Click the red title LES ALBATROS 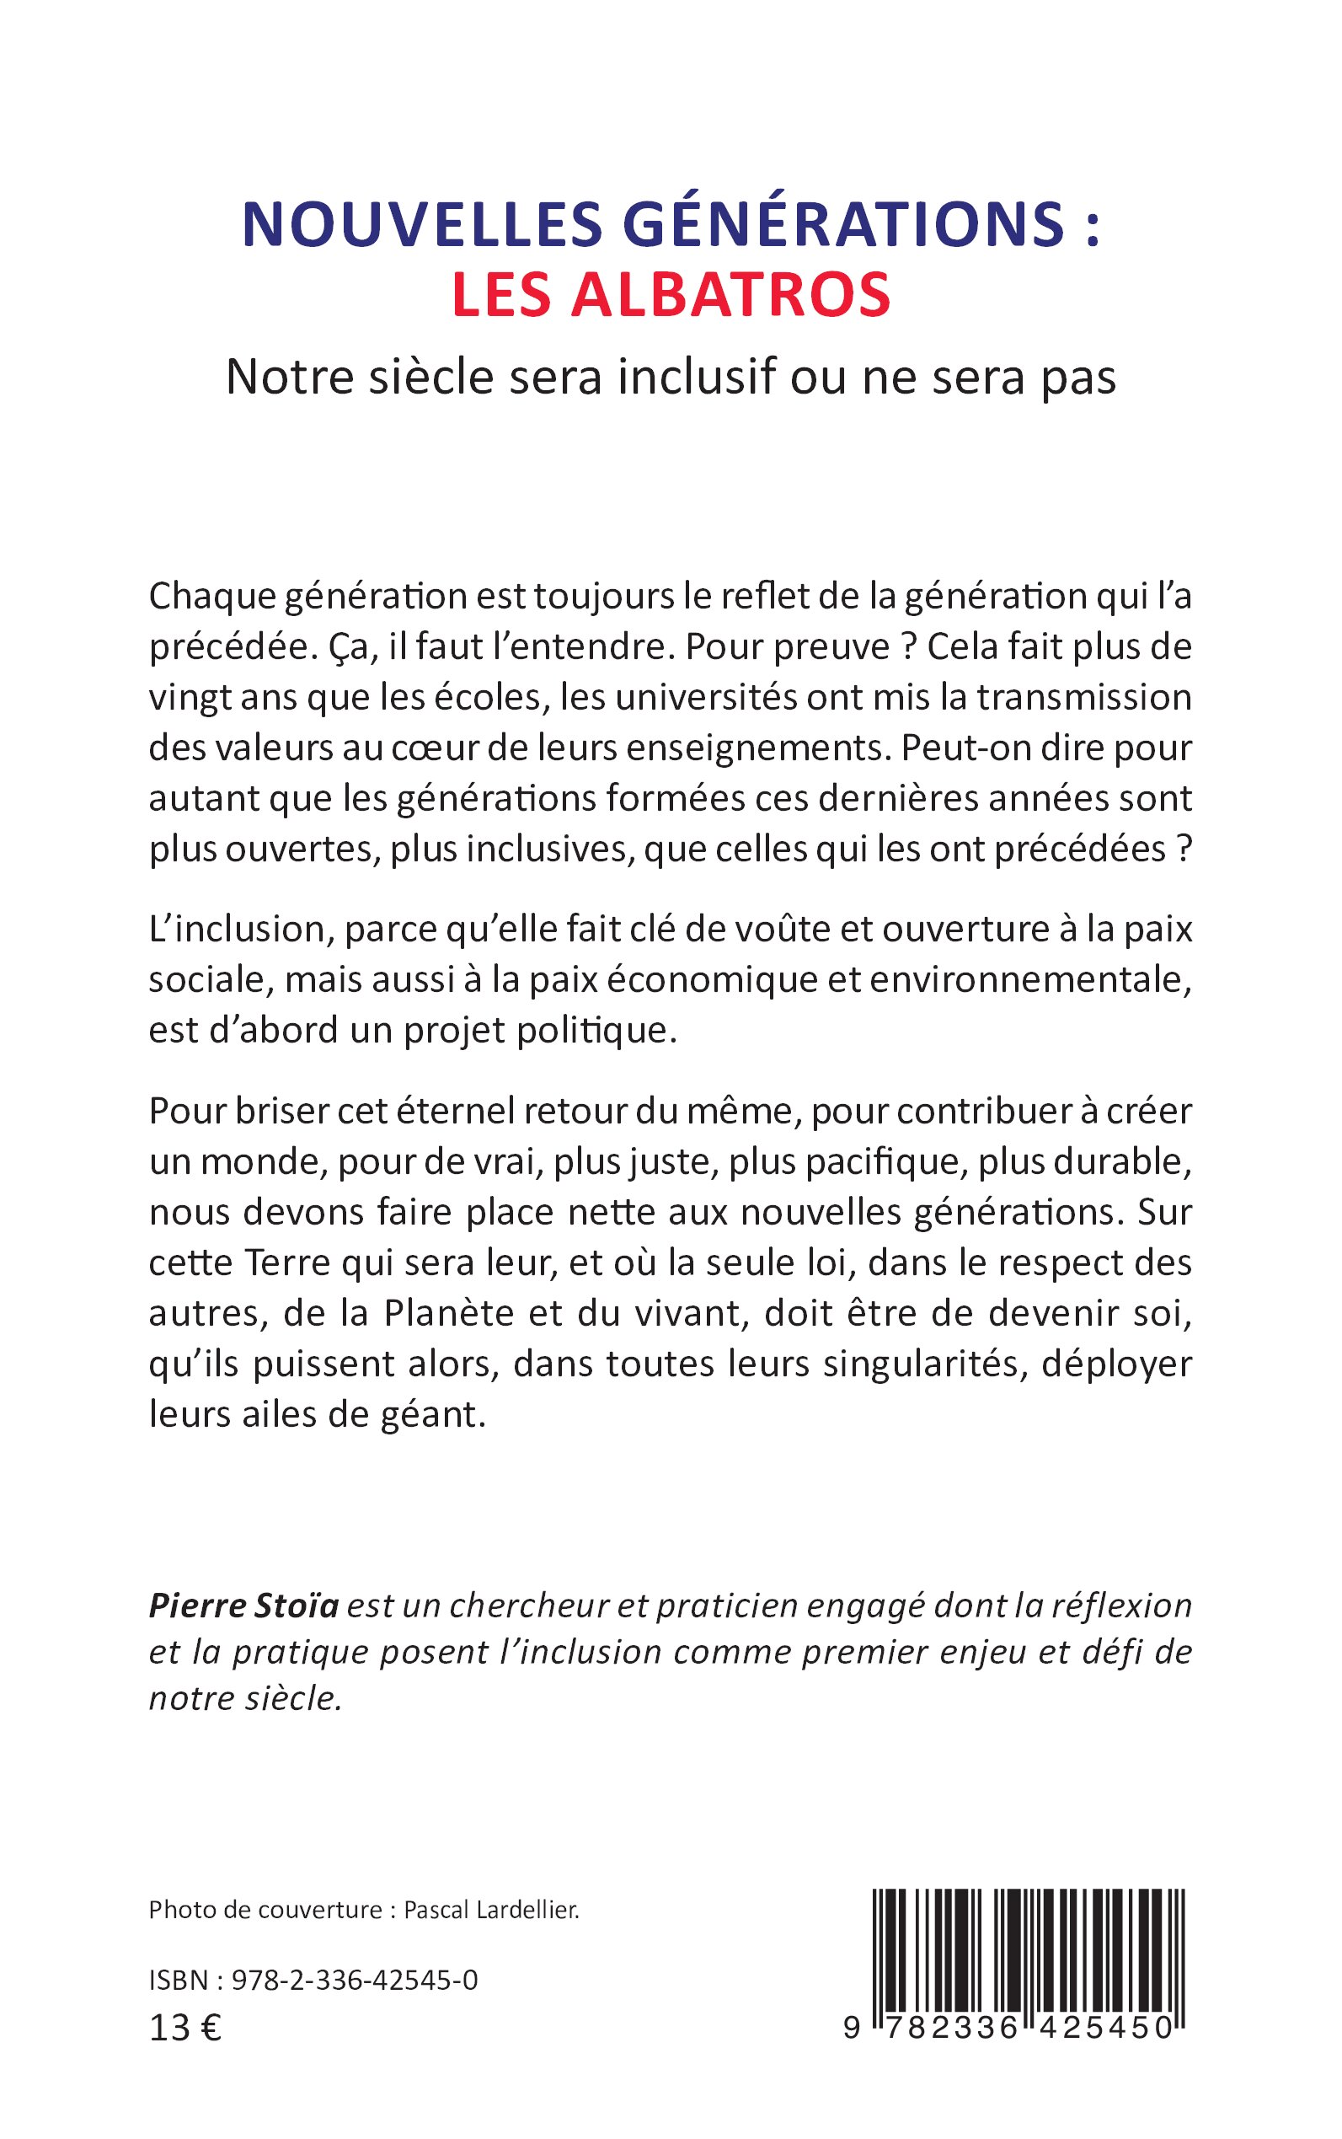click(671, 296)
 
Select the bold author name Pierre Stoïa click(243, 1606)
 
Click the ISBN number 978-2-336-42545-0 click(354, 1980)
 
